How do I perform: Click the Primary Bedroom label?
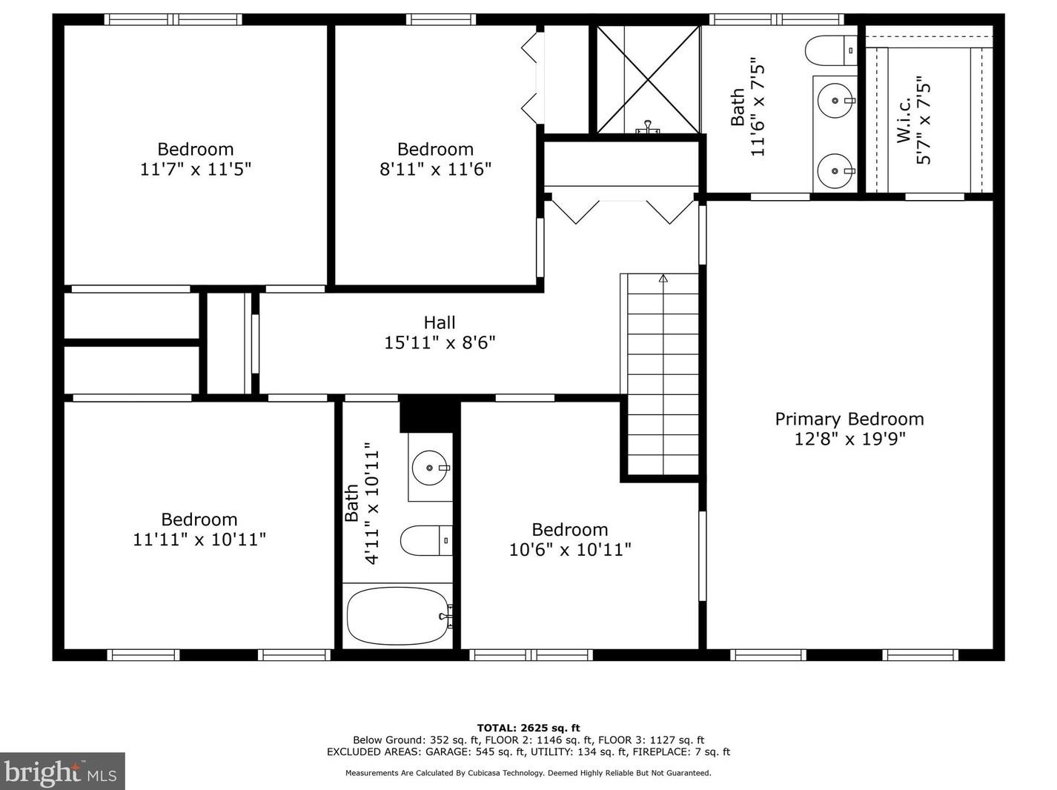849,419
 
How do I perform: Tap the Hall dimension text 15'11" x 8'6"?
440,343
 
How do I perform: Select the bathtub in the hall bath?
399,616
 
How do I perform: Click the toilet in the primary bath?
831,50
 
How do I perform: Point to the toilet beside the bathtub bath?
426,540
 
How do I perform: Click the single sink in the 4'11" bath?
431,468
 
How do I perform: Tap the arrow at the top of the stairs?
663,278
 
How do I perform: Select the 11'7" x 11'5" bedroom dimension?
196,170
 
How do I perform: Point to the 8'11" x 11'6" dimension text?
435,170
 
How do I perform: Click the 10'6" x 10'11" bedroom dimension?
570,549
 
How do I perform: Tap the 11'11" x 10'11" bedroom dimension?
199,540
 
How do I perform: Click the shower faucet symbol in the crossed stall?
647,127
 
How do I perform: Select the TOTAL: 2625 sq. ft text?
528,728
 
